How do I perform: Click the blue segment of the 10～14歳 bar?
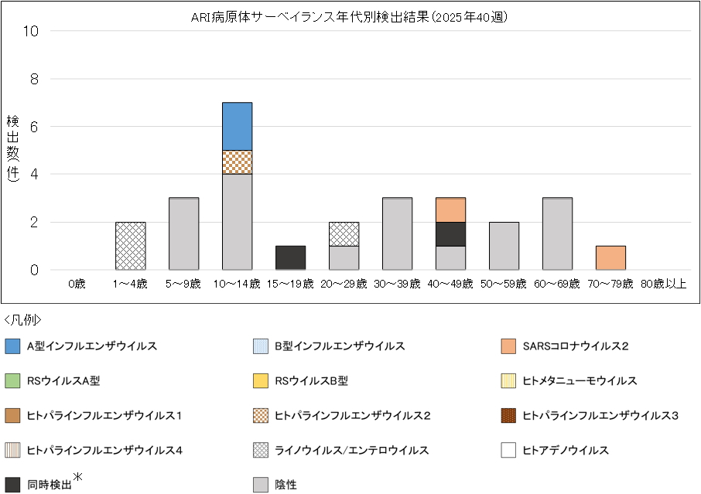point(237,126)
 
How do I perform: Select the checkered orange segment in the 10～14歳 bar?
point(237,162)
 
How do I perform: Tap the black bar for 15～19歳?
point(290,257)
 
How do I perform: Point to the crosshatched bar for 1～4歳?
point(130,246)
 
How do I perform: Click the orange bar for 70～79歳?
point(610,257)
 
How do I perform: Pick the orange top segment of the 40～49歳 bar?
point(450,210)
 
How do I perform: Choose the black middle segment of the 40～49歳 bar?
point(450,233)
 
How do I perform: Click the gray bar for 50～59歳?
point(504,246)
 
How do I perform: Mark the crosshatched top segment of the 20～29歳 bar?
point(344,233)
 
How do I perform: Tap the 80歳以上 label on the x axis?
point(664,284)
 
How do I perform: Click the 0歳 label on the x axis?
point(77,284)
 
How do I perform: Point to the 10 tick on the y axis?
point(32,31)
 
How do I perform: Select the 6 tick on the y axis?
point(32,127)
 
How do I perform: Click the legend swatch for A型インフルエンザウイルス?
point(12,346)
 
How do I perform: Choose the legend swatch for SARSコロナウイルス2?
point(508,346)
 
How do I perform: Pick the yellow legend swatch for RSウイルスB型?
point(261,380)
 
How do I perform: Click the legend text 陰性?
point(286,485)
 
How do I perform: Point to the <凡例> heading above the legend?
point(22,319)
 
